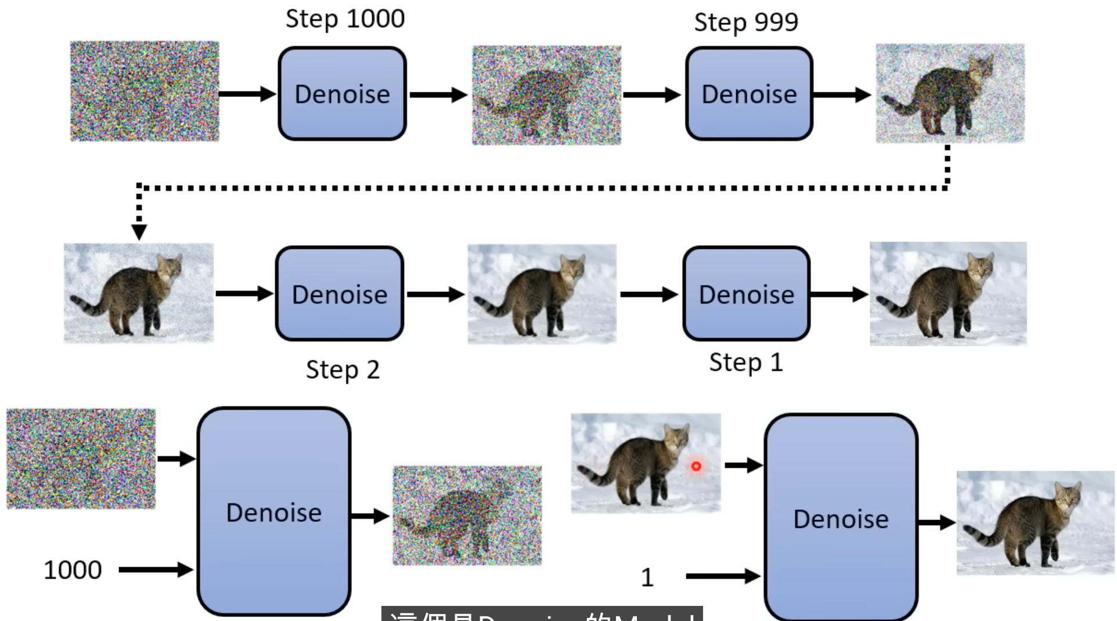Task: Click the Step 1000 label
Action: (345, 19)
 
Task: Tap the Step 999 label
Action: (746, 23)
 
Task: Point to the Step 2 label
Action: (343, 370)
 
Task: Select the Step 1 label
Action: (746, 363)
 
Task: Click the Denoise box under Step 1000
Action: (342, 93)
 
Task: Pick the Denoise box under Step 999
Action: (749, 93)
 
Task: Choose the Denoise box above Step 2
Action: (340, 294)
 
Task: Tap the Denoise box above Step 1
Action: (747, 294)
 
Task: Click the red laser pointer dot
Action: (696, 465)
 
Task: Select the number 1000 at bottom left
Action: (73, 570)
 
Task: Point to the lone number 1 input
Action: (647, 577)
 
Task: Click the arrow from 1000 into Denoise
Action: (156, 570)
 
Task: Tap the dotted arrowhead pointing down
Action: (139, 232)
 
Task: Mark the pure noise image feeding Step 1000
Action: (145, 91)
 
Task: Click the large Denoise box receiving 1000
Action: (273, 511)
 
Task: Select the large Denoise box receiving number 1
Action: (841, 518)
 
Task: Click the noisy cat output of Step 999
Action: (950, 93)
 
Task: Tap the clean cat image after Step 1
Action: (948, 294)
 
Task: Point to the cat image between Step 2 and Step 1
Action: (542, 294)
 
